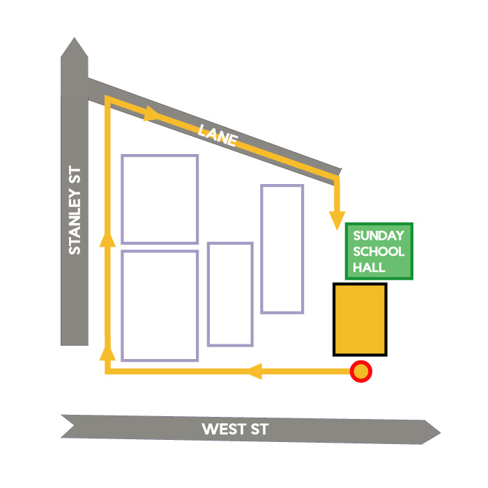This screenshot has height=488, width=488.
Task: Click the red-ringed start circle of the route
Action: click(360, 372)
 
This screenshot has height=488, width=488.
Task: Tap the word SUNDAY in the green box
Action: click(379, 236)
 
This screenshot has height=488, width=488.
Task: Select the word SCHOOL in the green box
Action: click(379, 252)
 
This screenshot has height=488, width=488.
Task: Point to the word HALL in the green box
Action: click(369, 267)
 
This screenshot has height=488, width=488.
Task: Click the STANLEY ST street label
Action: click(75, 210)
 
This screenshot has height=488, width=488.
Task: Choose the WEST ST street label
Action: click(235, 429)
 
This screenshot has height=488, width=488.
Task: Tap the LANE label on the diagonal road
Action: click(218, 135)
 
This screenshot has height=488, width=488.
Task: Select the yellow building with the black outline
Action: click(360, 319)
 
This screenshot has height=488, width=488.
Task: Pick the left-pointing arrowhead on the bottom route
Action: click(254, 372)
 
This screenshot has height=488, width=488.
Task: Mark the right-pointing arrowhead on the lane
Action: click(152, 114)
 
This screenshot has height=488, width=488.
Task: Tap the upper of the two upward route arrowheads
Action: click(107, 239)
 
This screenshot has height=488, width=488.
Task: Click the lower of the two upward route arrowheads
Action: click(107, 353)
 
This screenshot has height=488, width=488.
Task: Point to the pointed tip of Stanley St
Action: click(74, 38)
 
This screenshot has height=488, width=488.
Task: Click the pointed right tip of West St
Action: click(440, 433)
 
